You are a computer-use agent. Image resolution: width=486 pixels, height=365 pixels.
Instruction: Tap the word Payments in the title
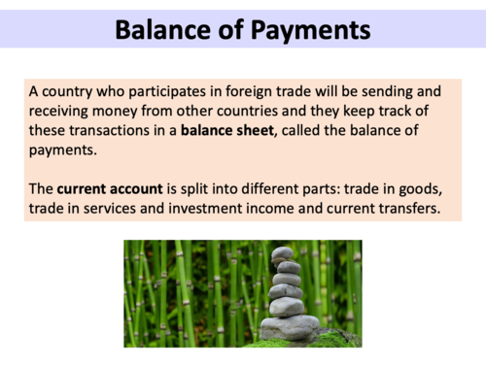click(x=307, y=30)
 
